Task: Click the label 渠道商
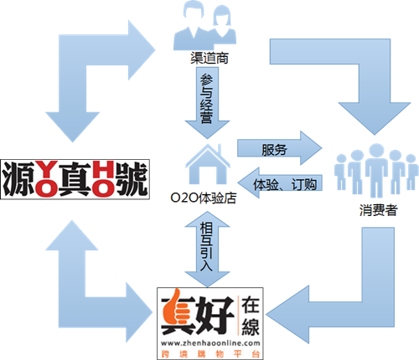[209, 58]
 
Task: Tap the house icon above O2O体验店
[208, 164]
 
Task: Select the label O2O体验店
[204, 198]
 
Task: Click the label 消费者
[378, 210]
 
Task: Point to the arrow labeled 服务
[279, 148]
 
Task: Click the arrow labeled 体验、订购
[280, 183]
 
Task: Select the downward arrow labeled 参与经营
[207, 103]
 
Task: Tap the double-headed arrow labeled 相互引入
[207, 249]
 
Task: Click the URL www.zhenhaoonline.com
[210, 342]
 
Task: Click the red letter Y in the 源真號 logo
[46, 169]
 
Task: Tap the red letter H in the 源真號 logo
[103, 169]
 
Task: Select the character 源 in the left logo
[19, 178]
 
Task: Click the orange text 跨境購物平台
[210, 354]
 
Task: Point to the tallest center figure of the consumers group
[376, 170]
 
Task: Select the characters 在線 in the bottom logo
[251, 316]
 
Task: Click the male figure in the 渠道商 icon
[193, 25]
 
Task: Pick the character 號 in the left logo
[132, 178]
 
